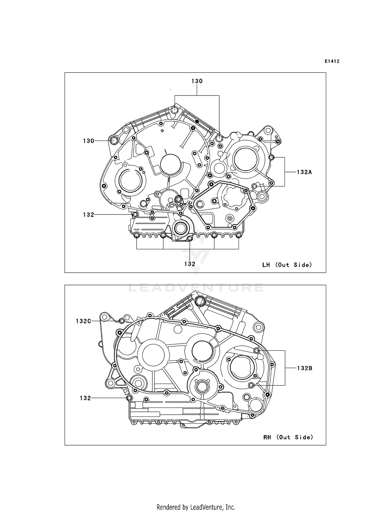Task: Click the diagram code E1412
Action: (x=332, y=61)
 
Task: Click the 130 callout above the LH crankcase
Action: (x=197, y=81)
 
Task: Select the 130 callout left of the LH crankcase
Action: (x=88, y=141)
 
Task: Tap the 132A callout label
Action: (x=304, y=172)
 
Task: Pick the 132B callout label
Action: (x=304, y=368)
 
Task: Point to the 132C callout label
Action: (x=83, y=321)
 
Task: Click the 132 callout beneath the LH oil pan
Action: (x=190, y=264)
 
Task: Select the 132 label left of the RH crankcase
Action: (x=85, y=398)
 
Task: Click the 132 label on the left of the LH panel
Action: (x=88, y=215)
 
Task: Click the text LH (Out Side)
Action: (x=287, y=265)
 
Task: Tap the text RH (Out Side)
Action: (x=288, y=437)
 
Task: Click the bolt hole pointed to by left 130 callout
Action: (x=114, y=140)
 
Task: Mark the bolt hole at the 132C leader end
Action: (x=122, y=321)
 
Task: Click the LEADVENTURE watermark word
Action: (x=196, y=288)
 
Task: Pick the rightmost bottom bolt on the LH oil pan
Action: (x=238, y=236)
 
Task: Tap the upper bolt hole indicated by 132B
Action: (x=257, y=350)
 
